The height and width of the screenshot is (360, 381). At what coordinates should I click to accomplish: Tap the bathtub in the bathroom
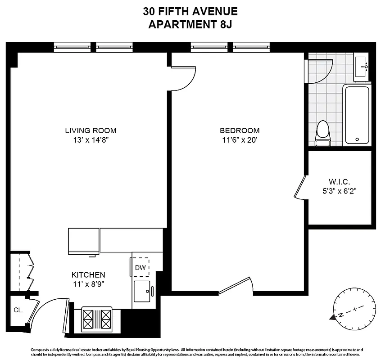coord(357,115)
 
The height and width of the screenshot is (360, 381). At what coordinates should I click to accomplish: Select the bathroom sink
coord(361,67)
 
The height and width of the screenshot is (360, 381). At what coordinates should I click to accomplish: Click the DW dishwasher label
coord(140,268)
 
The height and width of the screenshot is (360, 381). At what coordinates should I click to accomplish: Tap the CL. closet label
coord(18,310)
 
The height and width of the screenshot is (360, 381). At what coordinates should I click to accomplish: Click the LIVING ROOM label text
coord(91,131)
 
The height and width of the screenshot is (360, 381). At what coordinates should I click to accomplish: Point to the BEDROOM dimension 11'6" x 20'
coord(239,140)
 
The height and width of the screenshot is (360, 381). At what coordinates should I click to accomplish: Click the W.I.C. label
coord(339,182)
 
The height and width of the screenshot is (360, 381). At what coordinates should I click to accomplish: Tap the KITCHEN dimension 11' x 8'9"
coord(88,283)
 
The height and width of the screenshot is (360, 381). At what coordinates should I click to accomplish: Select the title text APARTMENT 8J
coord(190,24)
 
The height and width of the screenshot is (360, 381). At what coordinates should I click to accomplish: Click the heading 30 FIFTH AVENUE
coord(190,11)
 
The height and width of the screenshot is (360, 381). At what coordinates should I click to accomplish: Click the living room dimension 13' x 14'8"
coord(91,140)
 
